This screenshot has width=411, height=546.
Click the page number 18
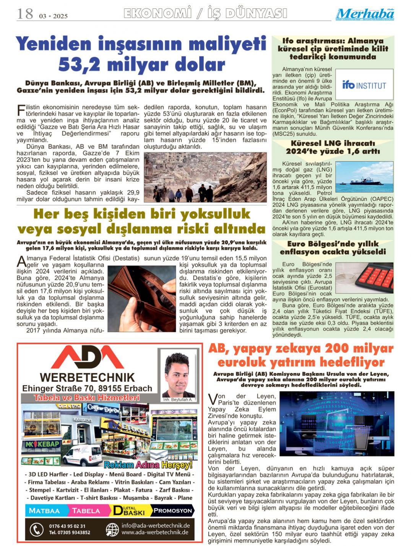click(x=25, y=14)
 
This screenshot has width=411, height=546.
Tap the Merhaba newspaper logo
click(x=365, y=14)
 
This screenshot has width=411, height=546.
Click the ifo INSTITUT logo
click(x=364, y=85)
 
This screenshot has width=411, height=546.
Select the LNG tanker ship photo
click(x=364, y=177)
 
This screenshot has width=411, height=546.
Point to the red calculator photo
click(x=364, y=278)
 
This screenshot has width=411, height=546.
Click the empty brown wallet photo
click(x=141, y=299)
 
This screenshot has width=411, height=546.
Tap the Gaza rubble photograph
click(x=205, y=177)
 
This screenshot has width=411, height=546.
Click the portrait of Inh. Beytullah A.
click(x=178, y=375)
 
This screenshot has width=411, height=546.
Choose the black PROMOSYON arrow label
click(x=173, y=510)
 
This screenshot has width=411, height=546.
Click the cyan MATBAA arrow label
click(x=45, y=510)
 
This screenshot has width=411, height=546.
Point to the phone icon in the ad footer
click(x=37, y=530)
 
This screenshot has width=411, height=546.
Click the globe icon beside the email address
click(x=112, y=530)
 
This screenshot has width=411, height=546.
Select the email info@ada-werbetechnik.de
click(x=156, y=525)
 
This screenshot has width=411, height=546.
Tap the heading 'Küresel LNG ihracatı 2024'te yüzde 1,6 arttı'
click(x=333, y=147)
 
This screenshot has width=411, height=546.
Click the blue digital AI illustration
click(x=336, y=423)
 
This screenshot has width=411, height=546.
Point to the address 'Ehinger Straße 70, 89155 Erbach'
click(x=87, y=388)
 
